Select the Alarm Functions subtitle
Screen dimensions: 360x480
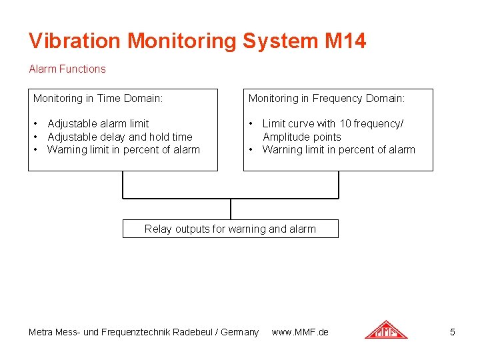pyautogui.click(x=67, y=69)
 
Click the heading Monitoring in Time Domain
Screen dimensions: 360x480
pyautogui.click(x=98, y=99)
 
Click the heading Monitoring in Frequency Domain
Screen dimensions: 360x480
pyautogui.click(x=327, y=99)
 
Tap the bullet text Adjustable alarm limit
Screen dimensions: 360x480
pyautogui.click(x=98, y=123)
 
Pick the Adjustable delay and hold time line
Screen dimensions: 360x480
pyautogui.click(x=119, y=137)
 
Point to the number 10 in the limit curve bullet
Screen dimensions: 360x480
pyautogui.click(x=345, y=123)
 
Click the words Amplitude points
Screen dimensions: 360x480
pyautogui.click(x=301, y=137)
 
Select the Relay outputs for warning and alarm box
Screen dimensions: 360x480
pyautogui.click(x=230, y=229)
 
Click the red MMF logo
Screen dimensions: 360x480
pyautogui.click(x=386, y=330)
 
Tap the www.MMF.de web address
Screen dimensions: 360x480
pyautogui.click(x=300, y=332)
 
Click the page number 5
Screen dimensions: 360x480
pyautogui.click(x=453, y=332)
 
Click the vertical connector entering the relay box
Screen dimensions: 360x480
pyautogui.click(x=231, y=209)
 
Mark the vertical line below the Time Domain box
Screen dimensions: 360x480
pyautogui.click(x=123, y=185)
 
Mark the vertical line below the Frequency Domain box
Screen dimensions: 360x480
pyautogui.click(x=339, y=185)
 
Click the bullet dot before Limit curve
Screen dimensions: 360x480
pyautogui.click(x=251, y=124)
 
